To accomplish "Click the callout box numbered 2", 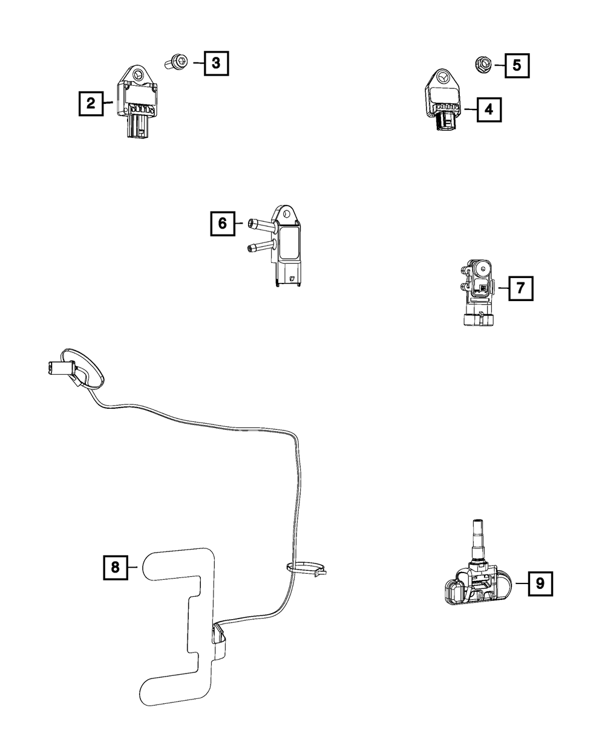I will (90, 103).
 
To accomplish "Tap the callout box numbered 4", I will (488, 109).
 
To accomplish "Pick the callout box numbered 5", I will (516, 65).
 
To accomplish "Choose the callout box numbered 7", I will (520, 288).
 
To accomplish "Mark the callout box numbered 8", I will (115, 567).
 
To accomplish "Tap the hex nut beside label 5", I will (483, 63).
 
